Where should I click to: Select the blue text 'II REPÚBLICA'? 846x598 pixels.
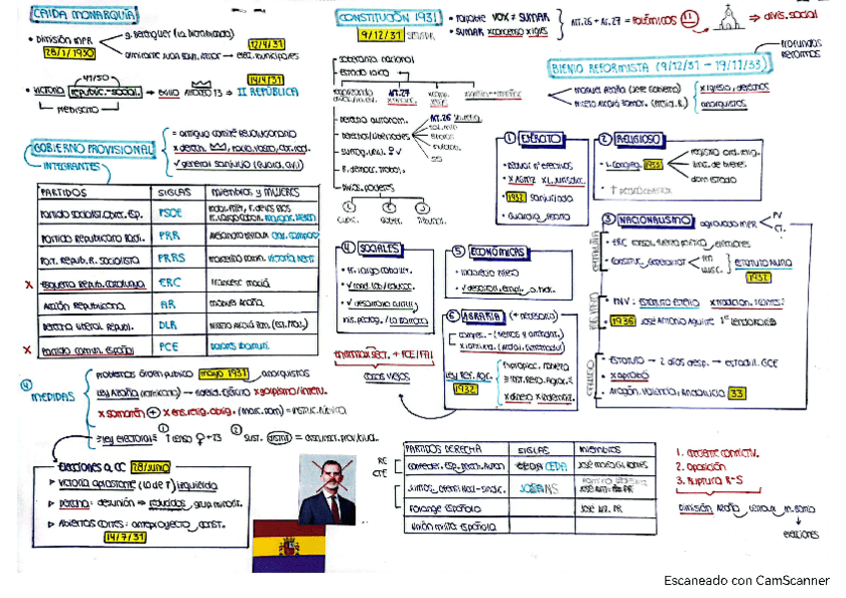coord(266,92)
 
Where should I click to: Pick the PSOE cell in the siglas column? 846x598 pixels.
coord(171,213)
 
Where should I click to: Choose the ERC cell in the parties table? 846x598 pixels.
coord(171,283)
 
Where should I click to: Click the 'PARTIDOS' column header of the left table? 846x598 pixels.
coord(64,192)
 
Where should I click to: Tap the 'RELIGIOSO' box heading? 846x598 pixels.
coord(635,140)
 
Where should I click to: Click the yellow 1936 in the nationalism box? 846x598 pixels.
coord(626,320)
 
